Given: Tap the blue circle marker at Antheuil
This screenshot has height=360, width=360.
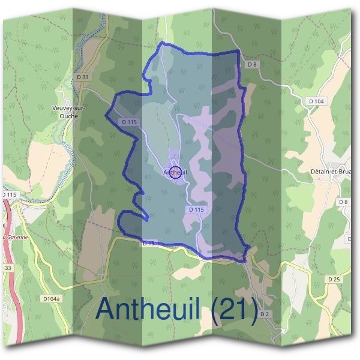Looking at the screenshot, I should [x=175, y=173].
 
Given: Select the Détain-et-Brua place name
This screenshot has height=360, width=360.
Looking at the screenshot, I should [x=332, y=171].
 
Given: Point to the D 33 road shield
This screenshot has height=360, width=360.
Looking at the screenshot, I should [x=83, y=77].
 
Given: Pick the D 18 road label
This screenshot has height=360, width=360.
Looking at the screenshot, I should [x=149, y=243].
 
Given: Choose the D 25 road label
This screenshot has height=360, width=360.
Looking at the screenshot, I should [x=334, y=279].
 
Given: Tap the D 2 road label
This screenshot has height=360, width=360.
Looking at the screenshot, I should [x=266, y=314].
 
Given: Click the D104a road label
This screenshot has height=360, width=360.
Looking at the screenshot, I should [x=52, y=298].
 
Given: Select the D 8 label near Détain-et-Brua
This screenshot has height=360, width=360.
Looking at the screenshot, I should [x=344, y=202].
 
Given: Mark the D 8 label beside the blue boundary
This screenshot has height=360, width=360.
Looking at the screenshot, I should [x=251, y=64].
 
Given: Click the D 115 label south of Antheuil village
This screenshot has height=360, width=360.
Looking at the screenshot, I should [x=197, y=209].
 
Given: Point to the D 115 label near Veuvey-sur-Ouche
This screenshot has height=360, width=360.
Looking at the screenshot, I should [x=129, y=122].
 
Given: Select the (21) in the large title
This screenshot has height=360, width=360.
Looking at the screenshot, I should [x=235, y=309].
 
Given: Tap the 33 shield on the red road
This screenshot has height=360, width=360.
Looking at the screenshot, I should [x=7, y=267].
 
